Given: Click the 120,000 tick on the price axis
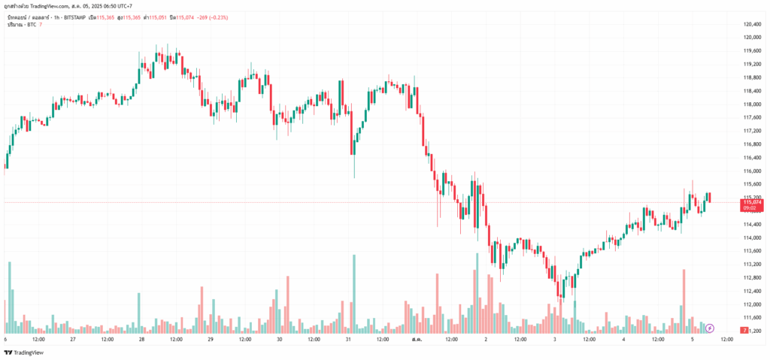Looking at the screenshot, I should [753, 37].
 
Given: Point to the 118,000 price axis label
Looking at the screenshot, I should [753, 90].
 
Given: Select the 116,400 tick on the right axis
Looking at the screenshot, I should [753, 157].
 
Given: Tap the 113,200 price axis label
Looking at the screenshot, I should [753, 264].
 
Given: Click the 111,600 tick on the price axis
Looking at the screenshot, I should [753, 317].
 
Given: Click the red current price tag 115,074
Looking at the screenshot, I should [752, 202].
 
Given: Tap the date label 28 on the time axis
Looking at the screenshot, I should [141, 339].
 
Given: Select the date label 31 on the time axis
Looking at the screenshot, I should [348, 339].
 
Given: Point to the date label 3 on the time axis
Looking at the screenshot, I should [555, 339].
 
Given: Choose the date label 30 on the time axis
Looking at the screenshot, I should [279, 339].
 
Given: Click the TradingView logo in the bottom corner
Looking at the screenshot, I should [24, 352].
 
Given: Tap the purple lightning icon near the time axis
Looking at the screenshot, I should [710, 328].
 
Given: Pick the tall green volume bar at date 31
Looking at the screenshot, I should [353, 294].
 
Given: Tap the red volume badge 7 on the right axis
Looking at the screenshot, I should [743, 331].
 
